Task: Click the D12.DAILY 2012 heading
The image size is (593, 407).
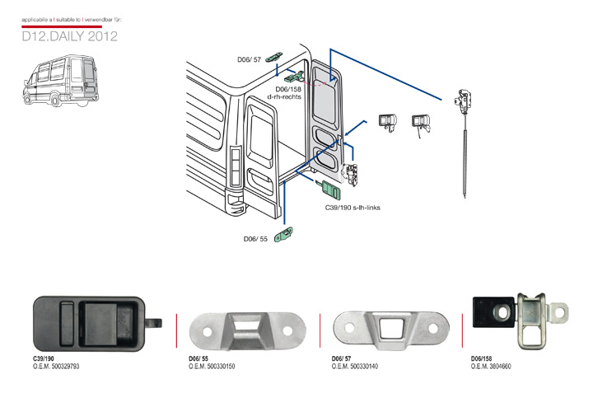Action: [70, 36]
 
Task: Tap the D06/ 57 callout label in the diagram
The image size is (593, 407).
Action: [249, 59]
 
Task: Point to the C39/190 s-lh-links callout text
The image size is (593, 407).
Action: [353, 208]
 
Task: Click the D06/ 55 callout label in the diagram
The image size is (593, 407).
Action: [255, 239]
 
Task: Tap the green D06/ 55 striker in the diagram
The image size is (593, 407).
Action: [286, 236]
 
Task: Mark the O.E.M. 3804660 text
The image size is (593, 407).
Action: [492, 366]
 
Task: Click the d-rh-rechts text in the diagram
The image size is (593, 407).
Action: [285, 97]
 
